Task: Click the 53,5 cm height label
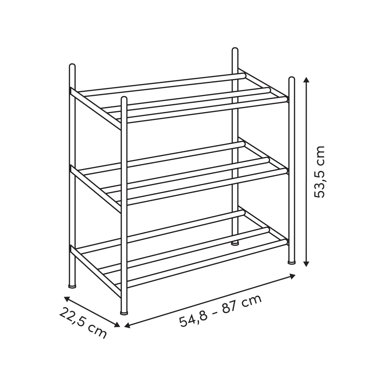tap(319, 172)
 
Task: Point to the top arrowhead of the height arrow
tap(306, 80)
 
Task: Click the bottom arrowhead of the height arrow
tap(306, 264)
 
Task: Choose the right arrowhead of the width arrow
tap(293, 277)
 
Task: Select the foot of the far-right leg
tap(292, 262)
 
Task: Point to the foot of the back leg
tap(235, 244)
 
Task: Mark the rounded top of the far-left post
tap(72, 67)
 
